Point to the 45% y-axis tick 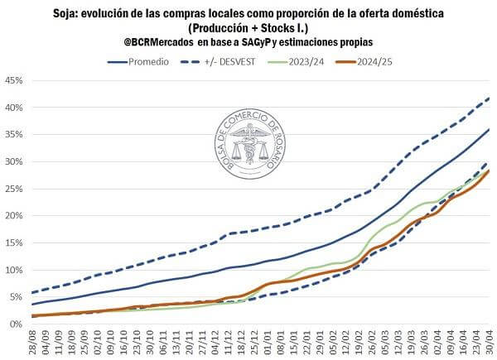coord(13,80)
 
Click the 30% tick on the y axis coord(13,161)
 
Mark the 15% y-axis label coord(13,242)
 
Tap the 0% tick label coord(16,324)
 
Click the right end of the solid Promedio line coord(490,129)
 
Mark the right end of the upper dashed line coord(490,98)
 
